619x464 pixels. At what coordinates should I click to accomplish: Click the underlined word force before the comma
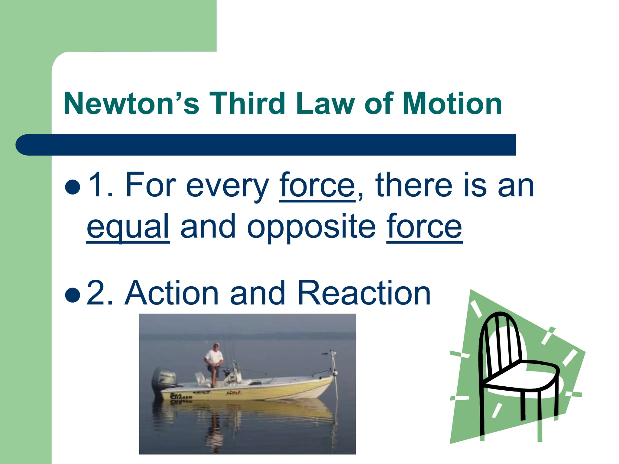pyautogui.click(x=317, y=185)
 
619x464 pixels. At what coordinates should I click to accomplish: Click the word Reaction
pyautogui.click(x=364, y=293)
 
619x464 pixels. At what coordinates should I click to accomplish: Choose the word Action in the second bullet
pyautogui.click(x=171, y=293)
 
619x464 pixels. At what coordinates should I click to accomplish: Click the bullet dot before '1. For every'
pyautogui.click(x=73, y=188)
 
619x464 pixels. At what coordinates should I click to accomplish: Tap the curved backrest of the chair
pyautogui.click(x=499, y=338)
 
